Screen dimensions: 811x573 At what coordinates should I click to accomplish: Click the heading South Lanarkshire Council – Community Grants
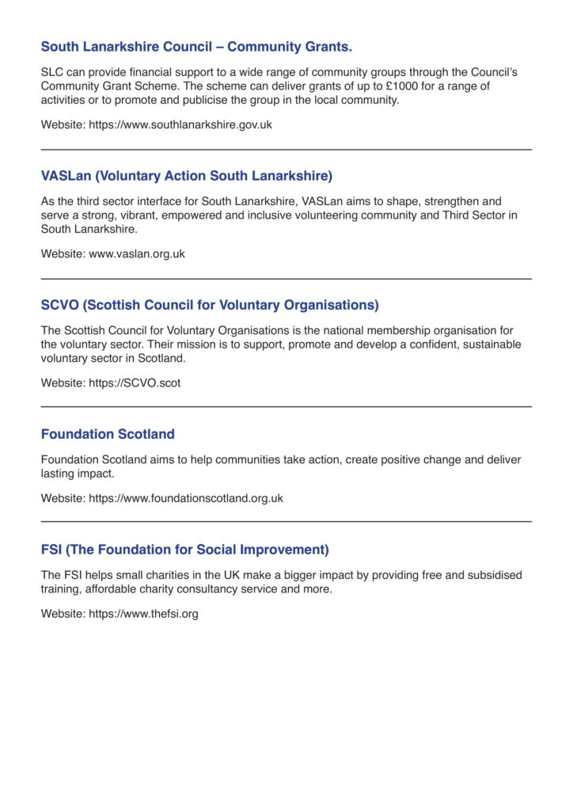click(196, 47)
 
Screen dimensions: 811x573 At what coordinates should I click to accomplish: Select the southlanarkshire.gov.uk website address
click(180, 124)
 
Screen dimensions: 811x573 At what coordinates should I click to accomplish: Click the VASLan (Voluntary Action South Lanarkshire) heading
click(187, 176)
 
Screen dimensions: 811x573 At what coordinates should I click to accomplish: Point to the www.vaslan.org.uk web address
click(137, 254)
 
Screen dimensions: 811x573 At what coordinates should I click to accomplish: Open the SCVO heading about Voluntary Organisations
click(210, 305)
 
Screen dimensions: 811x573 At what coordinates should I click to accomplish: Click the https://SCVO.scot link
click(135, 383)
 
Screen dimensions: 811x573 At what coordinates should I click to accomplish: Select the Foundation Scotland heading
click(108, 434)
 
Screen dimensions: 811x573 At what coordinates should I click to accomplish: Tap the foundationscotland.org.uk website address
click(186, 498)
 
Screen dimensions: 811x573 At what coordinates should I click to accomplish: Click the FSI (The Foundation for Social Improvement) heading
click(184, 550)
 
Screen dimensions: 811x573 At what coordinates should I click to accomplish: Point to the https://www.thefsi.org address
click(143, 614)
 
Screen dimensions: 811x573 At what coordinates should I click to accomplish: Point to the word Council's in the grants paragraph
click(494, 72)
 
